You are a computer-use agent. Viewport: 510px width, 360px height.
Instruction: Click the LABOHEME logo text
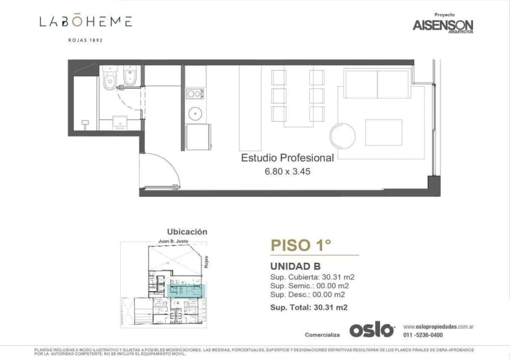click(x=86, y=22)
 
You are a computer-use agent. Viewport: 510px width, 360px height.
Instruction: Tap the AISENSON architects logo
click(x=442, y=26)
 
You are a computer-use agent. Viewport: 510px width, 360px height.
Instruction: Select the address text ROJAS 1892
click(x=85, y=40)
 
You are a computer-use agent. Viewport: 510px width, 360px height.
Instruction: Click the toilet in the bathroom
click(x=110, y=78)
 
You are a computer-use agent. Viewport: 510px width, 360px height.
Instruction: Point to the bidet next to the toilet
click(x=129, y=78)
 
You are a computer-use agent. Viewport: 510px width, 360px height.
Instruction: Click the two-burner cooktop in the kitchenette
click(x=195, y=94)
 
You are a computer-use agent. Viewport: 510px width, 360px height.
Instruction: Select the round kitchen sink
click(x=195, y=113)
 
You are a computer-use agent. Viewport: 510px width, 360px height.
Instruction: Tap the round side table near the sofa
click(x=342, y=135)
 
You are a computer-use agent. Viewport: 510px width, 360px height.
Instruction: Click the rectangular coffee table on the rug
click(x=383, y=132)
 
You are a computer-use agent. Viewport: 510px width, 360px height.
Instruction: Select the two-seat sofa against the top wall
click(x=376, y=84)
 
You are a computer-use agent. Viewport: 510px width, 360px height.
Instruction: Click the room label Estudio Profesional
click(x=287, y=158)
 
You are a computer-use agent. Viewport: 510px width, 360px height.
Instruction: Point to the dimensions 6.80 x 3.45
click(x=287, y=172)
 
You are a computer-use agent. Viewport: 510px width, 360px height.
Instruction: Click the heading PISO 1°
click(x=301, y=245)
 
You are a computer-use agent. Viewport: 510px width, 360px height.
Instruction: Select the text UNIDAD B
click(x=295, y=266)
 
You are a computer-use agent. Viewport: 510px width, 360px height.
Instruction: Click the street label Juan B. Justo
click(x=173, y=242)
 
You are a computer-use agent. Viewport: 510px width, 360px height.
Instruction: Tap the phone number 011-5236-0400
click(x=423, y=335)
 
